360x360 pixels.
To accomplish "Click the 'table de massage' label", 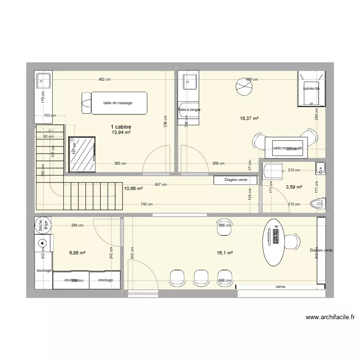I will coord(118,103).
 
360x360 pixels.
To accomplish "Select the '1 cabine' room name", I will coord(121,127).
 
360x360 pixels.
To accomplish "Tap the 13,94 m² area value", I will coord(121,133).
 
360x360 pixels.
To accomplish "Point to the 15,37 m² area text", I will coord(249,119).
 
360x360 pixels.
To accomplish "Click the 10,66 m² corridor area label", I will coord(133,189).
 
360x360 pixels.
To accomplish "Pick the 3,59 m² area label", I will coord(293,187).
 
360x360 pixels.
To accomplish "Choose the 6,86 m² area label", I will coord(77,252).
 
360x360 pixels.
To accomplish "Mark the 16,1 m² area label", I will coord(224,252).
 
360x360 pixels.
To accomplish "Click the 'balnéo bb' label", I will coord(311,89).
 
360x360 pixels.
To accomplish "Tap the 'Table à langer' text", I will coord(189,110).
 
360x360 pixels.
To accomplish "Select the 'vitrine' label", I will coord(280,287).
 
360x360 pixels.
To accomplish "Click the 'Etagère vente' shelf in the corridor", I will coord(235,180).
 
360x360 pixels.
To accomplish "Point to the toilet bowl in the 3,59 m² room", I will coord(318,204).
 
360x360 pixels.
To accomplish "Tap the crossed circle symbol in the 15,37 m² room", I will coord(243,87).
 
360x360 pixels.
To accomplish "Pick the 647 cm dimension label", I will coord(161,184).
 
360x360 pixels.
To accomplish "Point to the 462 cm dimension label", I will coord(104,79).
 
